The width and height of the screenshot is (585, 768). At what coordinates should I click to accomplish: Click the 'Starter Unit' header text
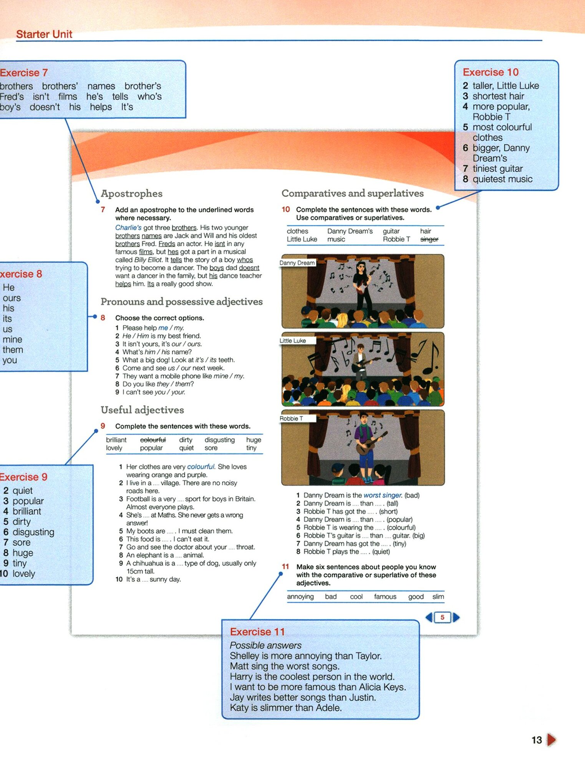point(44,34)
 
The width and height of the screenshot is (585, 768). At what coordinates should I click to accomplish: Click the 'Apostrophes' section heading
point(131,194)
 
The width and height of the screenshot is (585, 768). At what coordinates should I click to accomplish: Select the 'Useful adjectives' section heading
point(142,410)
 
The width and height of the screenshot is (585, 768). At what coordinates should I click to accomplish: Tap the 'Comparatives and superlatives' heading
point(352,193)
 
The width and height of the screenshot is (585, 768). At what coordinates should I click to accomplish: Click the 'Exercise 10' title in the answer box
point(490,72)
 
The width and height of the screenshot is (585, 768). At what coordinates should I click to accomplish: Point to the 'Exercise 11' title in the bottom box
point(257,632)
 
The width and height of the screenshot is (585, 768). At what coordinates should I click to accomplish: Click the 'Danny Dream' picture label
point(297,263)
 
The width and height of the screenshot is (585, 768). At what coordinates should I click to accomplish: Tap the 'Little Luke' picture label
point(293,341)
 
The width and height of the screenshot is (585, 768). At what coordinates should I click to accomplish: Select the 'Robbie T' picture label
point(291,419)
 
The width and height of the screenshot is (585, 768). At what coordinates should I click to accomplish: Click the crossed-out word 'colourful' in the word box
point(153,440)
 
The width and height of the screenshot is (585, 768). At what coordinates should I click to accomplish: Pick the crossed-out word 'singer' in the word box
point(429,239)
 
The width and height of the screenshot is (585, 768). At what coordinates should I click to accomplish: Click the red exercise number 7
point(103,210)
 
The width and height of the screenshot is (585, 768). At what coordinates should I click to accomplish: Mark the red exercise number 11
point(285,567)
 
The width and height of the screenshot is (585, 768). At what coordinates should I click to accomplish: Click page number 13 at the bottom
point(537,740)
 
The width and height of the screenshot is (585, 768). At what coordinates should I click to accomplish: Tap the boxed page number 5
point(442,617)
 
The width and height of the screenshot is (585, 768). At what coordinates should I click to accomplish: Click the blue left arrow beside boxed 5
point(429,617)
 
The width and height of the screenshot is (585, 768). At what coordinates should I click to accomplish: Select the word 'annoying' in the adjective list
point(300,597)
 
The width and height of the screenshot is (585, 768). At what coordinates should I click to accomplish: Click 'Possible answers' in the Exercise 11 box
point(265,646)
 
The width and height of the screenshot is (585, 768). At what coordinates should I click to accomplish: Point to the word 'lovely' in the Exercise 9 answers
point(24,574)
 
